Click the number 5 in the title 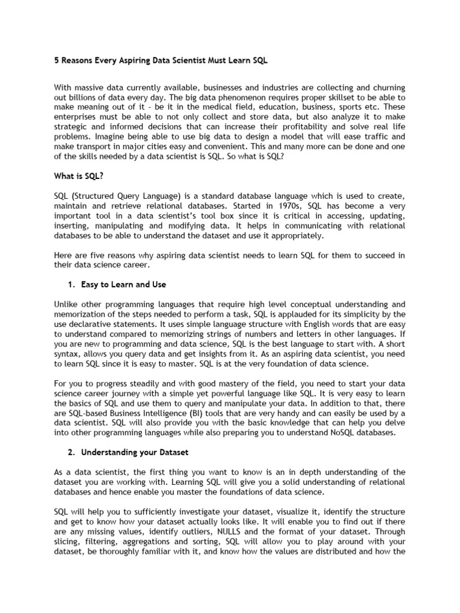click(x=57, y=62)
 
